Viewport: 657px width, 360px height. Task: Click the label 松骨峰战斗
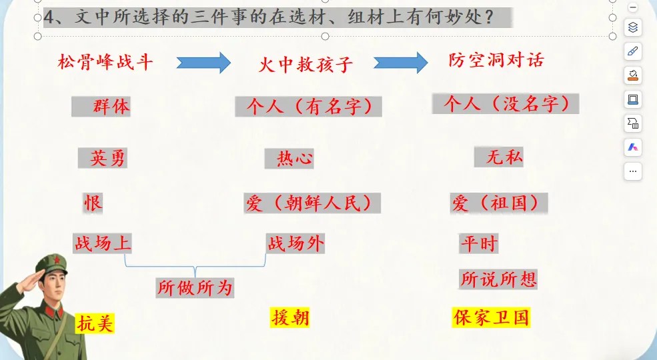point(105,63)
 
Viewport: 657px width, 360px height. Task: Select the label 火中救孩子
point(305,65)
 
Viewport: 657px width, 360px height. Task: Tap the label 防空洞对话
point(496,61)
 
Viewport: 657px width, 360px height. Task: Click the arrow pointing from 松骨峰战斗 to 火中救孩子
point(203,63)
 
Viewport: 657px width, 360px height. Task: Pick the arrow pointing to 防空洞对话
point(400,63)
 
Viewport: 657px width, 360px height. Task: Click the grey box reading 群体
point(101,106)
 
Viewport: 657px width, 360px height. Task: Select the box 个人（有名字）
point(308,107)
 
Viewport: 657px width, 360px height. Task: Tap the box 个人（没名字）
point(506,104)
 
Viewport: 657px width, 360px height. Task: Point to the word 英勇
point(107,158)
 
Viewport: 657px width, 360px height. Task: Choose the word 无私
point(504,157)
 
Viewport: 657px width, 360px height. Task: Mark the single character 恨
point(93,203)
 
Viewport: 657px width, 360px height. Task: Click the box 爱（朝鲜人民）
point(312,203)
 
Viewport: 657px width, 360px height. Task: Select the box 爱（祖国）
point(499,203)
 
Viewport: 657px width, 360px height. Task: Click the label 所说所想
point(498,279)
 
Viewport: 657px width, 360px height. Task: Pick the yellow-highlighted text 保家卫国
point(491,317)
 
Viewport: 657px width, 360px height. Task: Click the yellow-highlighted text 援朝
point(290,317)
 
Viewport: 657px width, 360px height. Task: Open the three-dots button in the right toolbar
point(633,171)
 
